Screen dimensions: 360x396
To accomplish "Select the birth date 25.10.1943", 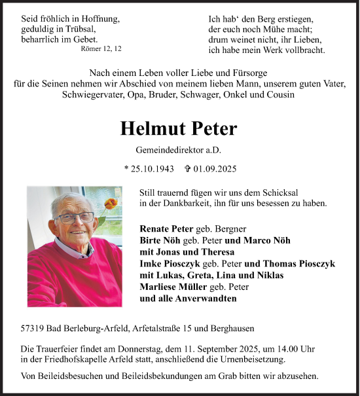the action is [x=152, y=168].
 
